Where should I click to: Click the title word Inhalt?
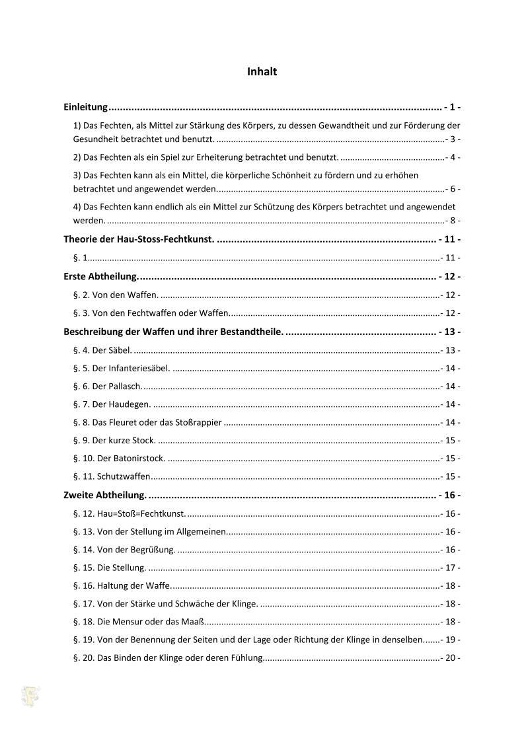click(262, 72)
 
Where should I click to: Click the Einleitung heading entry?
click(85, 107)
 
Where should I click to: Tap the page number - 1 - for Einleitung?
click(452, 107)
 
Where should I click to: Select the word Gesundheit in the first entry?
click(95, 139)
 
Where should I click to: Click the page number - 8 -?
click(453, 221)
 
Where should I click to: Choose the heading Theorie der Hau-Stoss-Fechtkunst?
click(139, 239)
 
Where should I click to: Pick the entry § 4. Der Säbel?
click(102, 350)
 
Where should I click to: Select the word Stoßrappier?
click(199, 422)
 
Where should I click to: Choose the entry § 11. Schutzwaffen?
click(112, 476)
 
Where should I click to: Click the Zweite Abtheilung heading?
click(104, 495)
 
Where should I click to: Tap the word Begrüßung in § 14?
click(154, 550)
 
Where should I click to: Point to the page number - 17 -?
click(451, 568)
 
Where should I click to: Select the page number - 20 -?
click(451, 658)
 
